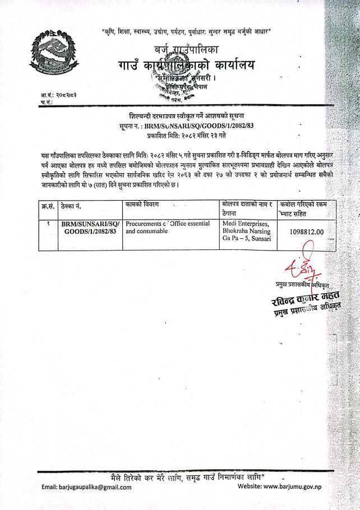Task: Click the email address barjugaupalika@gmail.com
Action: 87,486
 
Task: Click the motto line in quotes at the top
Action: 187,31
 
